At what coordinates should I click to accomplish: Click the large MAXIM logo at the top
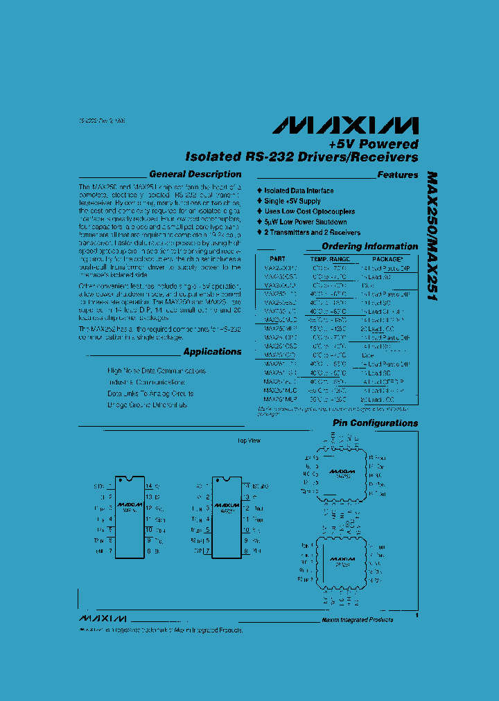(345, 125)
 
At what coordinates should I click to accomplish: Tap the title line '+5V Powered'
(374, 145)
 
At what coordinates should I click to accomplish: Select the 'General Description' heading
(195, 175)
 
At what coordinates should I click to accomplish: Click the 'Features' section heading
(398, 175)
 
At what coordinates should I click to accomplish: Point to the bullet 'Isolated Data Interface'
(299, 190)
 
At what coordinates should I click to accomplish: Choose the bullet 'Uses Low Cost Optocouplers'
(309, 212)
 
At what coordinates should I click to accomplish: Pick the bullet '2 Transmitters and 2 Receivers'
(312, 233)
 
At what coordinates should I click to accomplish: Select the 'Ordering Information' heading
(370, 247)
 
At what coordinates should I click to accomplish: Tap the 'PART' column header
(277, 258)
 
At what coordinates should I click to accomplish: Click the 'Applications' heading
(213, 352)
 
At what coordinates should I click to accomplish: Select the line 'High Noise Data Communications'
(157, 371)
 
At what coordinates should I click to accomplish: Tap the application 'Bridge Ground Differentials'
(148, 405)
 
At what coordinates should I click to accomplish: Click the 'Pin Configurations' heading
(375, 423)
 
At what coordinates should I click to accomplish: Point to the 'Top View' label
(249, 441)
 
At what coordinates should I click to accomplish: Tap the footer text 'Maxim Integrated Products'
(358, 619)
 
